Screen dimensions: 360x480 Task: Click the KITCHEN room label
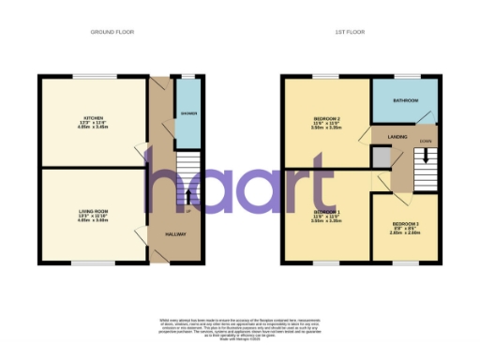point(91,118)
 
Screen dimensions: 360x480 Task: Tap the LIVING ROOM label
point(93,212)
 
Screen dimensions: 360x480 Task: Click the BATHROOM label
point(405,100)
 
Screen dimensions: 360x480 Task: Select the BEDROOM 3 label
point(405,224)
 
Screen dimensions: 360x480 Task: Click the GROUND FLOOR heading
point(112,32)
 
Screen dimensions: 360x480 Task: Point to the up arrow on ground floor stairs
point(188,197)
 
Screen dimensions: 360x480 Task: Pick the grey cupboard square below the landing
point(380,158)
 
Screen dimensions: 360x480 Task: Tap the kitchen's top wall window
point(91,76)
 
